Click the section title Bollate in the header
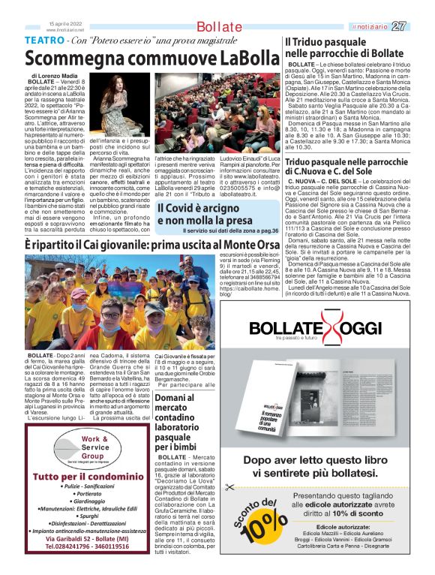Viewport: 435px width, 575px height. [x=220, y=27]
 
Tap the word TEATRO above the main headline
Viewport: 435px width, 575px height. [x=44, y=39]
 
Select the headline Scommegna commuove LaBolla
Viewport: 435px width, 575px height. [x=152, y=58]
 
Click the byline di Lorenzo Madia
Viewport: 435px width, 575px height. [x=57, y=77]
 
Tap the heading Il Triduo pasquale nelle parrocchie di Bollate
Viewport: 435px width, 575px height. [x=343, y=49]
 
